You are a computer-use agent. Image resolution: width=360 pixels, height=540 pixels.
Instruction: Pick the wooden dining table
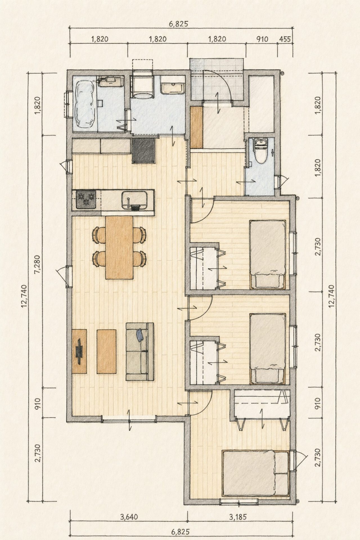[x=119, y=247]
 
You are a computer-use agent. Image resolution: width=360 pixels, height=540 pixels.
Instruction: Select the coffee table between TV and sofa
[x=107, y=352]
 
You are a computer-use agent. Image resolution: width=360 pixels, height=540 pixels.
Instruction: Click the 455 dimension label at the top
[x=285, y=39]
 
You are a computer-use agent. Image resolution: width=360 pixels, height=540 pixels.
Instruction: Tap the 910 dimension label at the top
[x=262, y=39]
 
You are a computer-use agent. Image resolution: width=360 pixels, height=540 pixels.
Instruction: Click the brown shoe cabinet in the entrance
[x=196, y=127]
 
